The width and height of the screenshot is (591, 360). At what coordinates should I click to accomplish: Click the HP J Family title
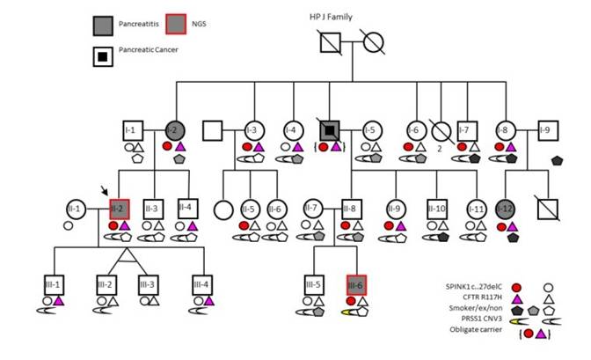pyautogui.click(x=335, y=17)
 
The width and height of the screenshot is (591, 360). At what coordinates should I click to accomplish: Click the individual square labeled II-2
pyautogui.click(x=118, y=209)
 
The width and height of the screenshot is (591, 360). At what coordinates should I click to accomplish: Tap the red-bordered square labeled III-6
pyautogui.click(x=356, y=285)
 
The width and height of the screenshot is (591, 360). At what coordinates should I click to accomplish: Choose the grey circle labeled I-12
pyautogui.click(x=504, y=209)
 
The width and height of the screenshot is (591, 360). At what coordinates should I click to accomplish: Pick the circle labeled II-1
pyautogui.click(x=74, y=209)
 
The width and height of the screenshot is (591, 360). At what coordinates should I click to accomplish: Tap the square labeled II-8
pyautogui.click(x=350, y=209)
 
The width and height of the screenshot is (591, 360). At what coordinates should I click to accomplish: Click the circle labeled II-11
pyautogui.click(x=476, y=209)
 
